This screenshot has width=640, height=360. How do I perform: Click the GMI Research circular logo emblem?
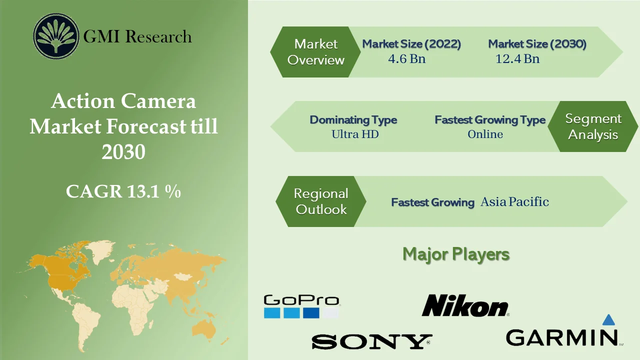point(56,36)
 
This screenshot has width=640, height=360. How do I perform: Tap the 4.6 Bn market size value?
point(406,59)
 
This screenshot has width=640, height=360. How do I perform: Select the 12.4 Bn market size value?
point(517,59)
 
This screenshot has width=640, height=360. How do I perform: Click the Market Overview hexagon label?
point(316,52)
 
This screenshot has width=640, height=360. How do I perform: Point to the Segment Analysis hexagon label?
point(593,126)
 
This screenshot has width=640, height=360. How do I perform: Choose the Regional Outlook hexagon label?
point(321,201)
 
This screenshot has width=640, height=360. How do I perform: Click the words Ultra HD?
point(355,134)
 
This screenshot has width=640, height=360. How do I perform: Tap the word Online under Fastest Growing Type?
point(485,134)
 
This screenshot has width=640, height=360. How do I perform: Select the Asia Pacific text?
point(514,202)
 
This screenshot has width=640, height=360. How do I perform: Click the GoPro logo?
point(301,306)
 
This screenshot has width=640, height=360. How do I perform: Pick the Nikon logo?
point(465,305)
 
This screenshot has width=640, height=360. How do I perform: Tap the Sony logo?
point(371,341)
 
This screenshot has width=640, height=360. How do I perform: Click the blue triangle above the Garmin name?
point(608,320)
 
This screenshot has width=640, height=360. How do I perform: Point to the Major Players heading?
point(456,254)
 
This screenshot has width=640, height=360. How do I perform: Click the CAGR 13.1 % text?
point(123,191)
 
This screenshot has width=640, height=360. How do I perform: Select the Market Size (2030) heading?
point(537,44)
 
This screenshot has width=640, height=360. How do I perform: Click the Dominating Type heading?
point(353,120)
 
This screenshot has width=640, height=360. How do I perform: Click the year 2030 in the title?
point(123,151)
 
